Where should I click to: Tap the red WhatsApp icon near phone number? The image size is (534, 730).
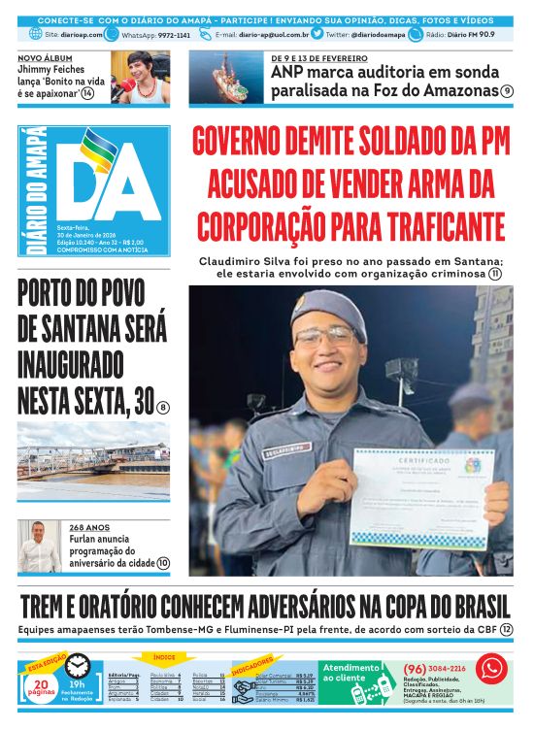point(490,669)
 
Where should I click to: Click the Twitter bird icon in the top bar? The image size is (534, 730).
point(317,34)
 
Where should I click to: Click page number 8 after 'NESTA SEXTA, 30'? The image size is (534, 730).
point(163,408)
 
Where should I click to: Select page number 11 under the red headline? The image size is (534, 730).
point(495,275)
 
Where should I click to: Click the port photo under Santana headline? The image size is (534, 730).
point(93,470)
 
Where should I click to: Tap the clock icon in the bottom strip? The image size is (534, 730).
point(78,666)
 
